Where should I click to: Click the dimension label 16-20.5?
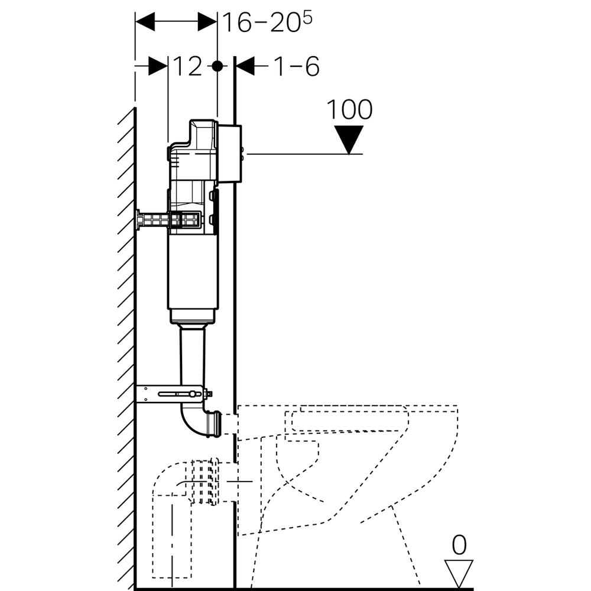coord(266,22)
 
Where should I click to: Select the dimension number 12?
coord(187,67)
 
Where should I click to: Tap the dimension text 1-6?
coord(295,67)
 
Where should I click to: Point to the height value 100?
coord(349,109)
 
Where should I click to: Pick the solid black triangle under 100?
coord(349,138)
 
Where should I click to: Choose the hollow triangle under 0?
coord(459,572)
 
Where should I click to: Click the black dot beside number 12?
coord(217,66)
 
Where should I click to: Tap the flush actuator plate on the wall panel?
coord(230,154)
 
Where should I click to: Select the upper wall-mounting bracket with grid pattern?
coord(168,220)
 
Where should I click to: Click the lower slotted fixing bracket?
coord(171,394)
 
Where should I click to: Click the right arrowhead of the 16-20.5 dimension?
coord(207,22)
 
